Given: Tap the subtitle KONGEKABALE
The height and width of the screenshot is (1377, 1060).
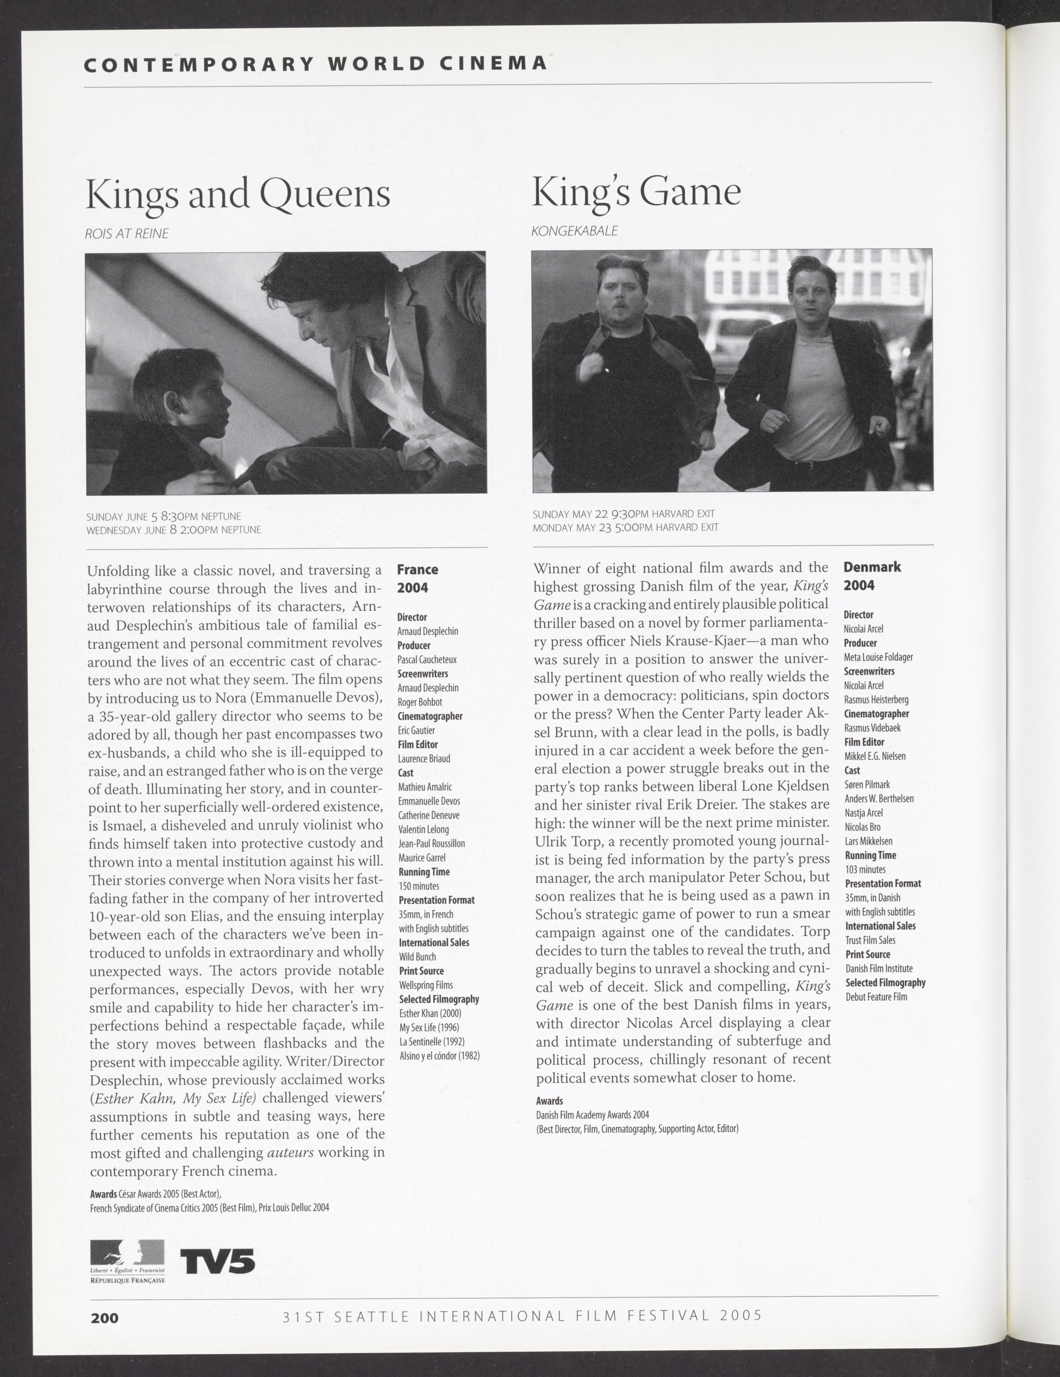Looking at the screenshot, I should (574, 231).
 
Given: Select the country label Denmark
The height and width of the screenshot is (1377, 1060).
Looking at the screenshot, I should (872, 567).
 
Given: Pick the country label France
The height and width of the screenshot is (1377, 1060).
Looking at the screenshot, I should (417, 569).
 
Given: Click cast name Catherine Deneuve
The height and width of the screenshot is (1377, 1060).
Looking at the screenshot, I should (428, 815).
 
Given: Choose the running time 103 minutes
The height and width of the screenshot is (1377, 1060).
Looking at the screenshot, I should (865, 869).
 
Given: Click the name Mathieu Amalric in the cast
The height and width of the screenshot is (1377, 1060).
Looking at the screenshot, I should (425, 787).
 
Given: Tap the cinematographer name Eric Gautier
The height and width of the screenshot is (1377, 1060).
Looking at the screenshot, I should (416, 730).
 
